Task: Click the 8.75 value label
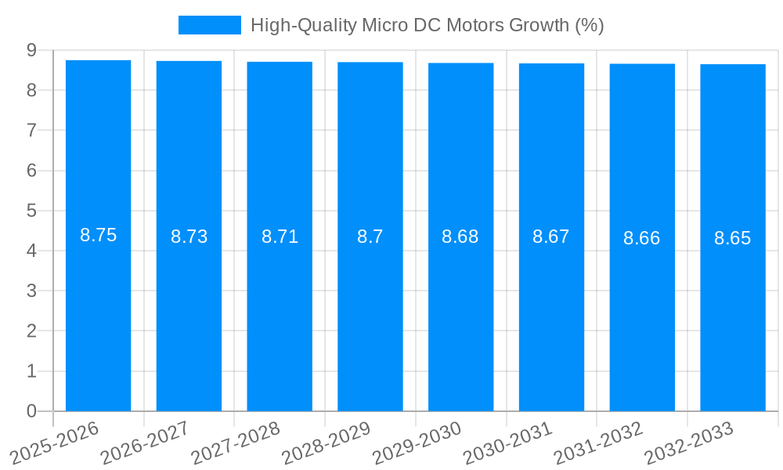click(x=98, y=235)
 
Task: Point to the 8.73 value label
click(x=189, y=237)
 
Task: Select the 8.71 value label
click(x=280, y=237)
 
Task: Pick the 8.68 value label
click(x=460, y=237)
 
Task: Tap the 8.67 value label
click(x=551, y=237)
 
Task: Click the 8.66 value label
click(x=642, y=238)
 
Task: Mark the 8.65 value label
click(x=733, y=238)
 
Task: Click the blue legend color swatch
click(x=209, y=25)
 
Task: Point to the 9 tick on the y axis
click(x=31, y=50)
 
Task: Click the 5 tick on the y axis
click(x=31, y=211)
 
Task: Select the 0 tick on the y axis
click(x=31, y=411)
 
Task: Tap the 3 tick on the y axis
click(x=31, y=291)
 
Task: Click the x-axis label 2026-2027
click(x=146, y=443)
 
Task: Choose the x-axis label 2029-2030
click(x=418, y=443)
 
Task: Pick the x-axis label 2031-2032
click(x=599, y=443)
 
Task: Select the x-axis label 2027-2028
click(x=236, y=443)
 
